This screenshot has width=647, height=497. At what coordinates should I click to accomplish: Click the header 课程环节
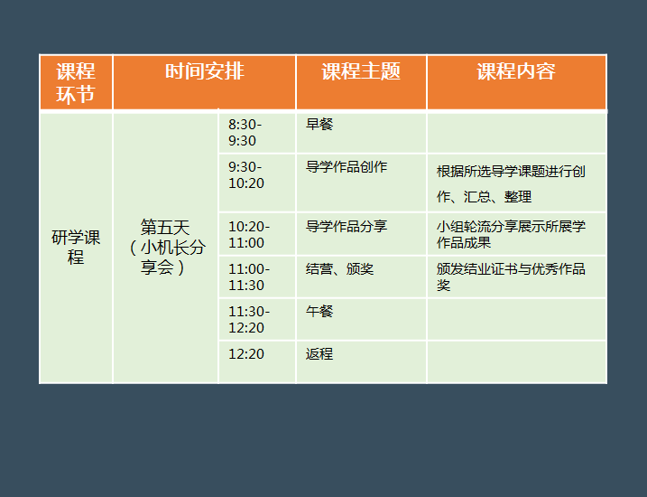pyautogui.click(x=76, y=82)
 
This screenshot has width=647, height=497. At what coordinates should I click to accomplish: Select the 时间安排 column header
pyautogui.click(x=205, y=71)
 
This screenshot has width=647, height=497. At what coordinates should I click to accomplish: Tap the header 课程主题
pyautogui.click(x=361, y=71)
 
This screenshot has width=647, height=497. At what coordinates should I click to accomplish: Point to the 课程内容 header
pyautogui.click(x=516, y=71)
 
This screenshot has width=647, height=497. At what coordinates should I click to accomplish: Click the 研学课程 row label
pyautogui.click(x=76, y=247)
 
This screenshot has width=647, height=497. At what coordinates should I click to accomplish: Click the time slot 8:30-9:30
pyautogui.click(x=245, y=132)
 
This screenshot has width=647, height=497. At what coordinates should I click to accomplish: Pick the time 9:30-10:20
pyautogui.click(x=246, y=174)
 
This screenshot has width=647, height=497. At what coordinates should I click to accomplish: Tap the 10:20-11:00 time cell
pyautogui.click(x=249, y=234)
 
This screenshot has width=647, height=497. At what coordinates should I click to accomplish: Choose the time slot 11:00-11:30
pyautogui.click(x=249, y=277)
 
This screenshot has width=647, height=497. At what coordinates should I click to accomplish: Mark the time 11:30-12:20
pyautogui.click(x=249, y=319)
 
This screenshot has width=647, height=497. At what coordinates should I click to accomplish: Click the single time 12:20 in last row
pyautogui.click(x=246, y=354)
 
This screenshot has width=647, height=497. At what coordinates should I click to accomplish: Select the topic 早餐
pyautogui.click(x=319, y=124)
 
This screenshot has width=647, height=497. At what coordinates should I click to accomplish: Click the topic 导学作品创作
pyautogui.click(x=347, y=166)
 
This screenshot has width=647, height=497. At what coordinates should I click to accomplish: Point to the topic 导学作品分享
pyautogui.click(x=347, y=226)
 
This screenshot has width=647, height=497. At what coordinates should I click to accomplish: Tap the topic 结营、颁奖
pyautogui.click(x=339, y=269)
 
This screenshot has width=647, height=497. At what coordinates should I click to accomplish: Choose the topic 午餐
pyautogui.click(x=319, y=311)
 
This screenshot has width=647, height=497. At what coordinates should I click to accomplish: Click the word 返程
pyautogui.click(x=319, y=354)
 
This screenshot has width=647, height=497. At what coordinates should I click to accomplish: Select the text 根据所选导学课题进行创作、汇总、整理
pyautogui.click(x=511, y=183)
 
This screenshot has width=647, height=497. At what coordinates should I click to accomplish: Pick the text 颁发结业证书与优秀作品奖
pyautogui.click(x=511, y=277)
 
